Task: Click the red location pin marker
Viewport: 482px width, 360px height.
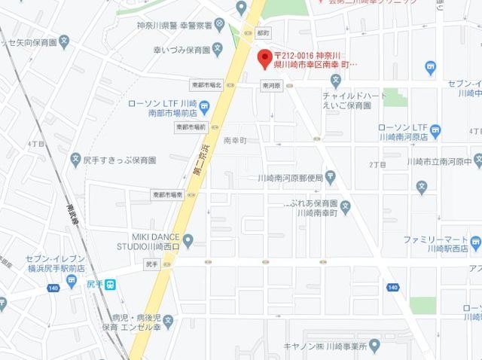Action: (x=264, y=58)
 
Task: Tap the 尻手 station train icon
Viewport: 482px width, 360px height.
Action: (x=110, y=285)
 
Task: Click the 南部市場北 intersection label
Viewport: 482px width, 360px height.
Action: (x=206, y=85)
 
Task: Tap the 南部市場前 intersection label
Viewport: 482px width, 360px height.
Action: (x=191, y=127)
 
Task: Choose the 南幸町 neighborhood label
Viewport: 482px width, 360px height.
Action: (x=235, y=140)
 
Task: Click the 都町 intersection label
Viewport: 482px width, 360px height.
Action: (x=262, y=34)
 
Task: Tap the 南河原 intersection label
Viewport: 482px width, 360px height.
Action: (x=271, y=86)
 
